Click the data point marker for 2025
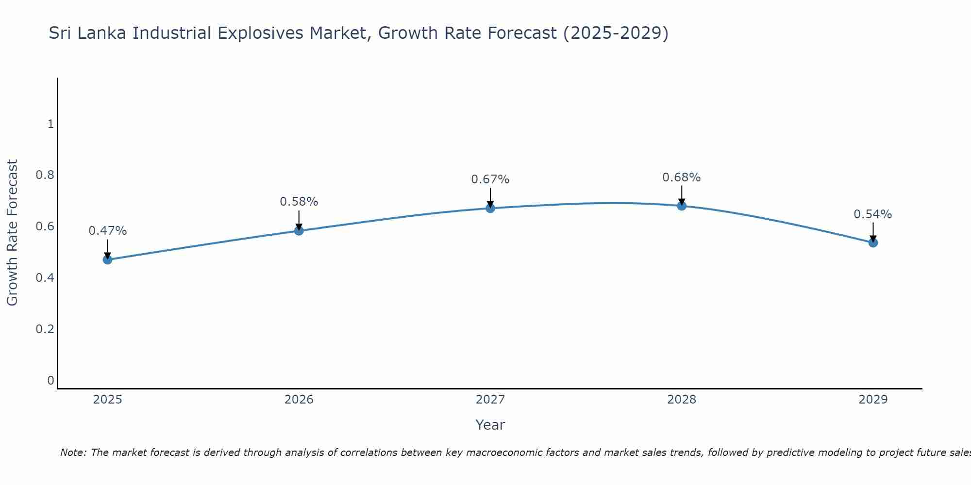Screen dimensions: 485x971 click(107, 259)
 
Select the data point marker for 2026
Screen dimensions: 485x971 click(299, 230)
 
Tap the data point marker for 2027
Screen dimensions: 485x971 click(490, 208)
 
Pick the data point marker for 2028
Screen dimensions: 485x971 click(682, 206)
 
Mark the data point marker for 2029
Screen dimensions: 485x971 click(873, 242)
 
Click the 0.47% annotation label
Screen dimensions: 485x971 click(107, 231)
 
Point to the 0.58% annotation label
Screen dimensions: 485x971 click(299, 201)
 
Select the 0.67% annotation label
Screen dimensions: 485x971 click(490, 179)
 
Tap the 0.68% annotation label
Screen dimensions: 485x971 click(682, 178)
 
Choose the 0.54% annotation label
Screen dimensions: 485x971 click(872, 214)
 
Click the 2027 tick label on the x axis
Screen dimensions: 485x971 click(490, 400)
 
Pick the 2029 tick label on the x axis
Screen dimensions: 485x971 click(873, 400)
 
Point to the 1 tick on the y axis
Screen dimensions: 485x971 click(50, 124)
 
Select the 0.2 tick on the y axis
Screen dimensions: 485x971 click(45, 329)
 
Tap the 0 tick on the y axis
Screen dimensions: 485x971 click(50, 380)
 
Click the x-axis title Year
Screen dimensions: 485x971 click(490, 425)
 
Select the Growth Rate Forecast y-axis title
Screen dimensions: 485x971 click(12, 233)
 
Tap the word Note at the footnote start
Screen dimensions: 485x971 click(73, 453)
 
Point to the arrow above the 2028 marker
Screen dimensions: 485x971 click(682, 195)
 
